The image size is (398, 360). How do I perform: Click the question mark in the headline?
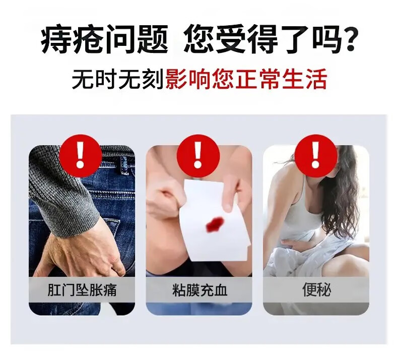click(350, 39)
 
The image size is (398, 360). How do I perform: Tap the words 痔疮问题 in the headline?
click(104, 39)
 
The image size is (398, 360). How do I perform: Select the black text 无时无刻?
click(117, 79)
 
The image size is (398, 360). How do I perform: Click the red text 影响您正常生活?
click(246, 79)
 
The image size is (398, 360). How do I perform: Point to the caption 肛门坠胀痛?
click(82, 290)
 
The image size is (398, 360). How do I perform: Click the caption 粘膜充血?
click(199, 290)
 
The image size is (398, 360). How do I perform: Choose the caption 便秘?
click(316, 290)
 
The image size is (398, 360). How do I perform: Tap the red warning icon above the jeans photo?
click(80, 156)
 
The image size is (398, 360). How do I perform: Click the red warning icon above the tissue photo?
click(198, 156)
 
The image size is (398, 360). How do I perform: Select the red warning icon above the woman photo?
click(315, 156)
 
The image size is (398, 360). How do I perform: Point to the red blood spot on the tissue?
click(215, 224)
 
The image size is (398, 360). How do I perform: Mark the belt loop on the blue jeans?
click(124, 165)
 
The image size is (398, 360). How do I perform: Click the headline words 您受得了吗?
click(261, 39)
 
